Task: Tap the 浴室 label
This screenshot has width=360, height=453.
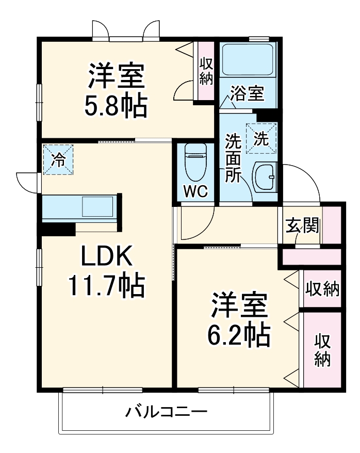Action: [247, 94]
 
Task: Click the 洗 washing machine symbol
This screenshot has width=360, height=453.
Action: [261, 138]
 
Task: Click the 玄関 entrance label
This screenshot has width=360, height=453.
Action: [302, 225]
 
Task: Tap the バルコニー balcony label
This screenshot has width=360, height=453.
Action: [167, 413]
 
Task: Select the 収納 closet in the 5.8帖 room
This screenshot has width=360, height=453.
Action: [206, 71]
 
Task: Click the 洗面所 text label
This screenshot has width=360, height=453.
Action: [233, 157]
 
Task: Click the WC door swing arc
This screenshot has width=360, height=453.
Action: [199, 224]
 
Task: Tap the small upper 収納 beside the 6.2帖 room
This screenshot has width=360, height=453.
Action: [322, 289]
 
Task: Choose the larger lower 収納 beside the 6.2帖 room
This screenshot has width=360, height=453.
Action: [323, 350]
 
